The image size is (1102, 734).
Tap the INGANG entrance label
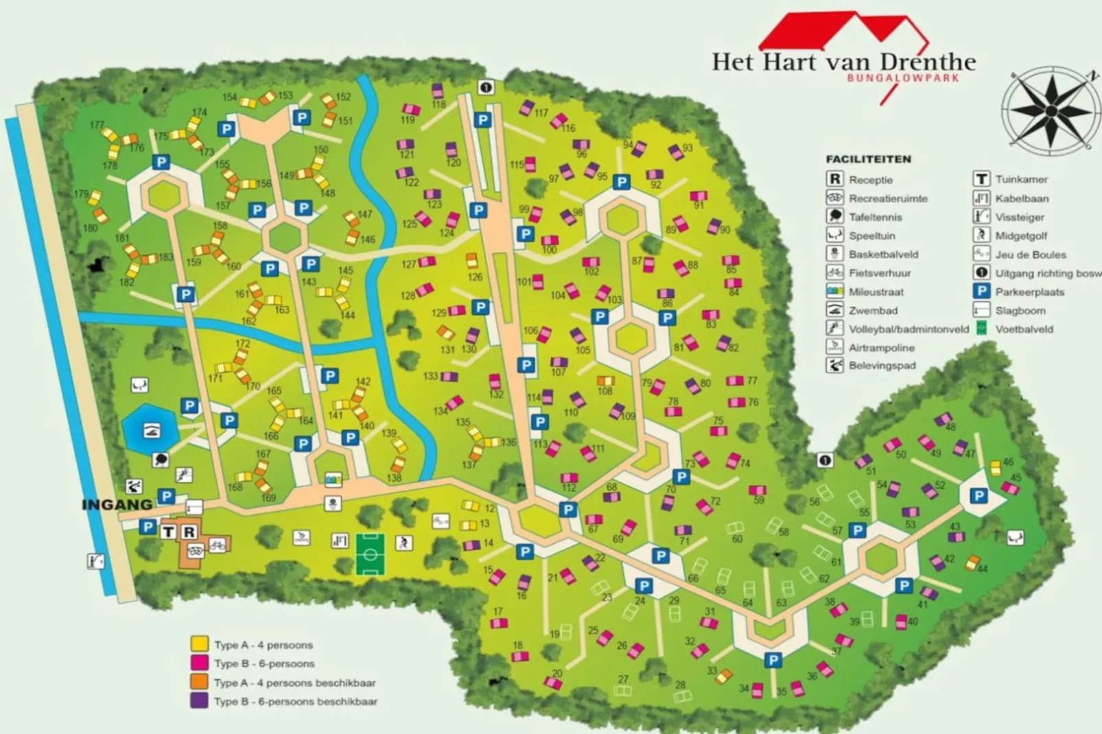(x=117, y=505)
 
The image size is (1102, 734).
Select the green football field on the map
(x=370, y=554)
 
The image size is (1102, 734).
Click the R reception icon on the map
(x=189, y=532)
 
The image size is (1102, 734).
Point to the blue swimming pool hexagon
(x=151, y=430)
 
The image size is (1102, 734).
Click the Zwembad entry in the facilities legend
(x=873, y=310)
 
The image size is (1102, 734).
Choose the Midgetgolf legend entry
(x=1021, y=235)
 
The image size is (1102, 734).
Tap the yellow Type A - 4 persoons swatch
(x=200, y=644)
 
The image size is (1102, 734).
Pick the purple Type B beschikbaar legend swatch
(x=200, y=701)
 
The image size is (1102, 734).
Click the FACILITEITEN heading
(x=868, y=159)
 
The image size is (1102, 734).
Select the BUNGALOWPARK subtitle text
(x=903, y=78)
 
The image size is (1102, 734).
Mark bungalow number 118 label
(x=438, y=104)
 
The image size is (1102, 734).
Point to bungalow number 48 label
(x=950, y=427)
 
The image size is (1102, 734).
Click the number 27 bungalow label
(x=623, y=679)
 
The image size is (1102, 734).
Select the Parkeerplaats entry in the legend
(x=1029, y=292)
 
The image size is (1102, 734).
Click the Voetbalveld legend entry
(x=1024, y=329)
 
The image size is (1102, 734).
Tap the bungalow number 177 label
(x=97, y=126)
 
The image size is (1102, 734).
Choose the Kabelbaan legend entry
(x=1022, y=198)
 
